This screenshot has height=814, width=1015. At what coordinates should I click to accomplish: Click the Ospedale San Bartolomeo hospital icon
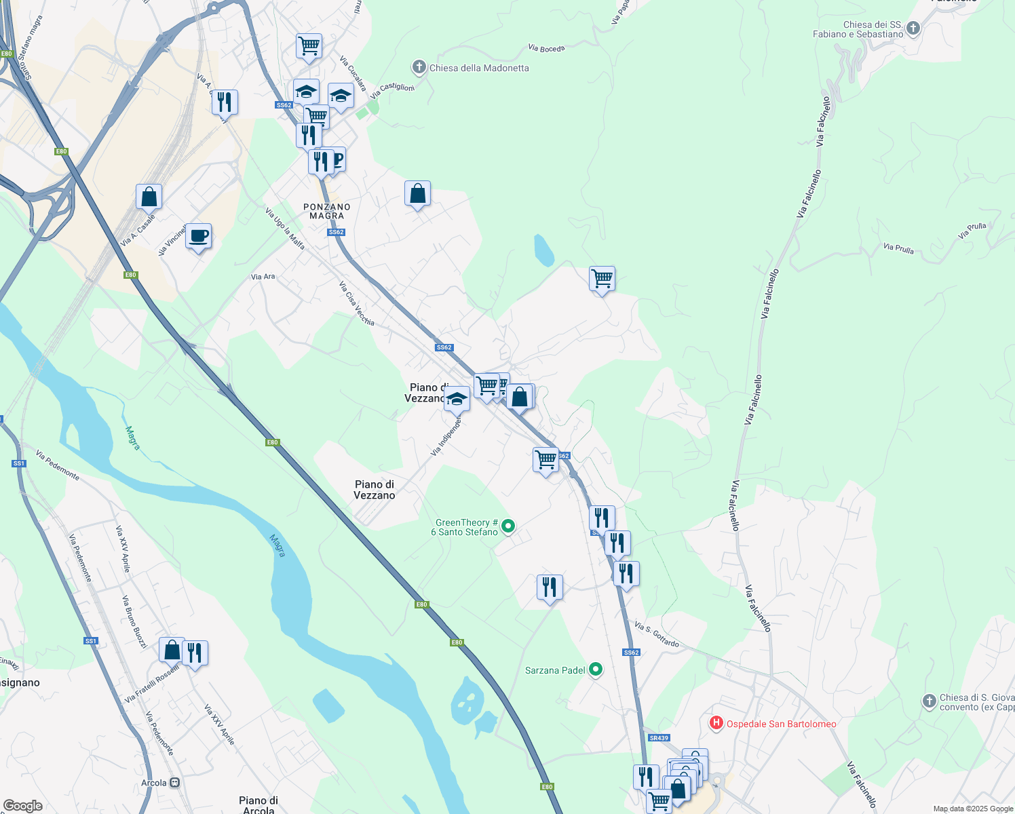tap(716, 723)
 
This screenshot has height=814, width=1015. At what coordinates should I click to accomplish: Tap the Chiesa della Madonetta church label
tap(478, 68)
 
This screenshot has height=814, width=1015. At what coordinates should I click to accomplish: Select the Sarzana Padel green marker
tap(596, 670)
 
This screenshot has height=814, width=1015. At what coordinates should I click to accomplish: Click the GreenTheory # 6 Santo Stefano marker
tap(508, 526)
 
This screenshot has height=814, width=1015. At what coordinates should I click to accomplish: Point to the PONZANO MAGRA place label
tap(327, 211)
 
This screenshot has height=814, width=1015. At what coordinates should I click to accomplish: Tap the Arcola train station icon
tap(175, 782)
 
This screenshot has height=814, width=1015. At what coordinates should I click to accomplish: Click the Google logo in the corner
tap(22, 806)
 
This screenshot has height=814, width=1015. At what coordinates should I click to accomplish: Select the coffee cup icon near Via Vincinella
tap(198, 237)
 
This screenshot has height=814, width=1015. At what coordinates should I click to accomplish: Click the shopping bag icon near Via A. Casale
tap(149, 197)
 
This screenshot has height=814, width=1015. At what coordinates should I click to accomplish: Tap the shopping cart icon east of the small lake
tap(602, 279)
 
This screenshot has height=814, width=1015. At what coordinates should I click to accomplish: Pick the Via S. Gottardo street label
tap(657, 634)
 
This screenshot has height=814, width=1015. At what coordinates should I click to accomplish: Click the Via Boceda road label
tap(546, 48)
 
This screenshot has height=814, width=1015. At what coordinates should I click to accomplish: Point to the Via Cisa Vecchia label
tap(356, 303)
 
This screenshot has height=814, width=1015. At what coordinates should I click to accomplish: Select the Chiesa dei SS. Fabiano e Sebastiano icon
tap(913, 28)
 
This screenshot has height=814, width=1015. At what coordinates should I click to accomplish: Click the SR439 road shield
tap(659, 737)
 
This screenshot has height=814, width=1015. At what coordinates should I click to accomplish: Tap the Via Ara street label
tap(263, 276)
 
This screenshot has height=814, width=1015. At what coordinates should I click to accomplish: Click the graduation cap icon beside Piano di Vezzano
tap(457, 399)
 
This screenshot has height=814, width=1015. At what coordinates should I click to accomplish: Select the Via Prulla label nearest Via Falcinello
tap(898, 248)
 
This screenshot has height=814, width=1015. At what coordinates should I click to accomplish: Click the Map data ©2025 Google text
tap(972, 809)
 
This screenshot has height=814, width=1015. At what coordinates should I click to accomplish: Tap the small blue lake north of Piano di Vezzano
tap(543, 250)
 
